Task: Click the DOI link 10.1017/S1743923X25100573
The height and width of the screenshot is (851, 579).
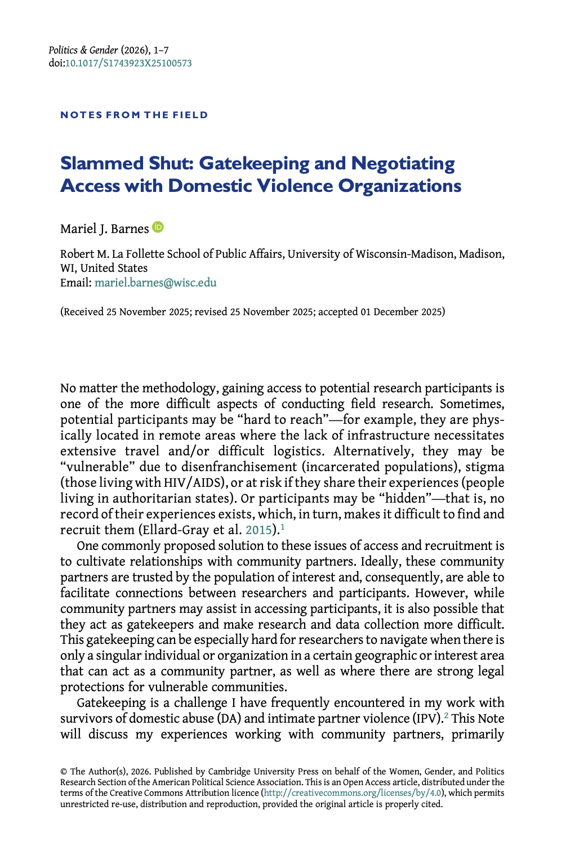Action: tap(128, 63)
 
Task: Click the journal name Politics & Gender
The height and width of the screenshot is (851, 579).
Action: tap(83, 50)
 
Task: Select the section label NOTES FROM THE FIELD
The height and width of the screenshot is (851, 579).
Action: tap(134, 115)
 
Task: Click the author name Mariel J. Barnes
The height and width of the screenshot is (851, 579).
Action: tap(104, 229)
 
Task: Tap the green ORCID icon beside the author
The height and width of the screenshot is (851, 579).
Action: tap(158, 227)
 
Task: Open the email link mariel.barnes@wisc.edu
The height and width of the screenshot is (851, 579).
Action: tap(155, 283)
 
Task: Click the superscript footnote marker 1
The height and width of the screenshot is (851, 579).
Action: tap(283, 527)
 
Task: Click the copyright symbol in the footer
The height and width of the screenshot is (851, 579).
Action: tap(64, 772)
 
